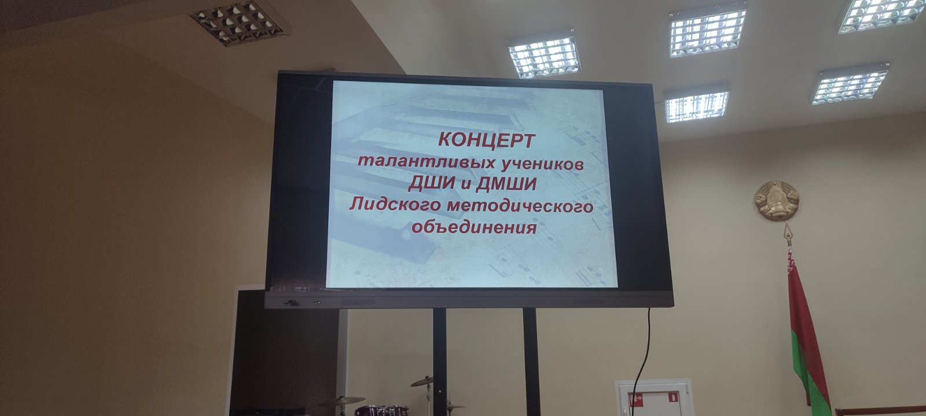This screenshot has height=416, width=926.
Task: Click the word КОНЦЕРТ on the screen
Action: (x=486, y=140)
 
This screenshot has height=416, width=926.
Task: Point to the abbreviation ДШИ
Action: (x=431, y=184)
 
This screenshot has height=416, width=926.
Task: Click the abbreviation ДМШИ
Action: (x=506, y=184)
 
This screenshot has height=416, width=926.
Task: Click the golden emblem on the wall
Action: (x=777, y=201)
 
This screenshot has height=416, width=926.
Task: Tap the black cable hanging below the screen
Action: (x=642, y=363)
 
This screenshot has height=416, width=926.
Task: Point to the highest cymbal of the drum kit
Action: (x=422, y=381)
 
